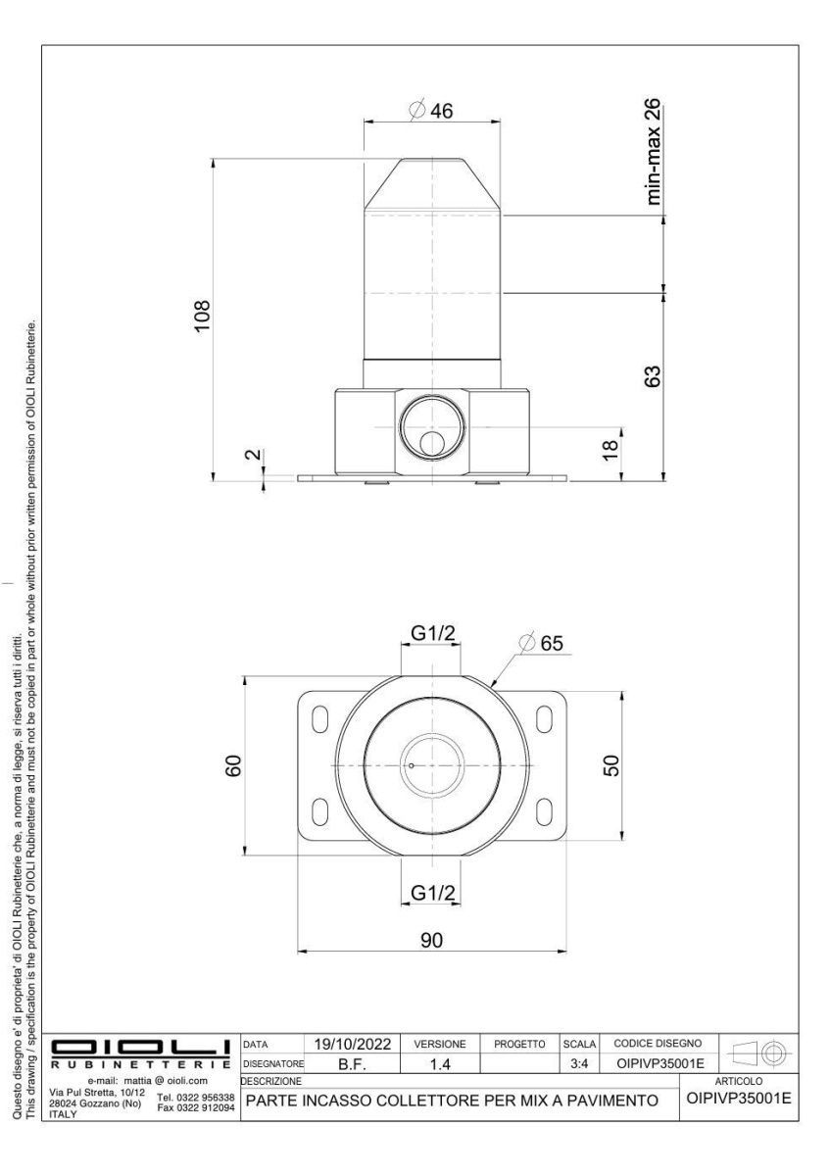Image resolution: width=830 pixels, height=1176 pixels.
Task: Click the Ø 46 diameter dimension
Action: tap(430, 111)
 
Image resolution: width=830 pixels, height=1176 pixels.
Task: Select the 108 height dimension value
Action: tap(202, 316)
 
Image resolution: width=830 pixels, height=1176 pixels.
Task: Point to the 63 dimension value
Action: tap(652, 376)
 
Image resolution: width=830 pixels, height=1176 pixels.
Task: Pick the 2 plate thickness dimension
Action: tap(254, 454)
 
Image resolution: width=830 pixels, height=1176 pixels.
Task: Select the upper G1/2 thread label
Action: tap(433, 634)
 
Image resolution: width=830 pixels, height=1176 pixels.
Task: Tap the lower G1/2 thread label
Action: tap(433, 892)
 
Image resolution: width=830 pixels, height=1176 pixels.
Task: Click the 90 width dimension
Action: tap(431, 940)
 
